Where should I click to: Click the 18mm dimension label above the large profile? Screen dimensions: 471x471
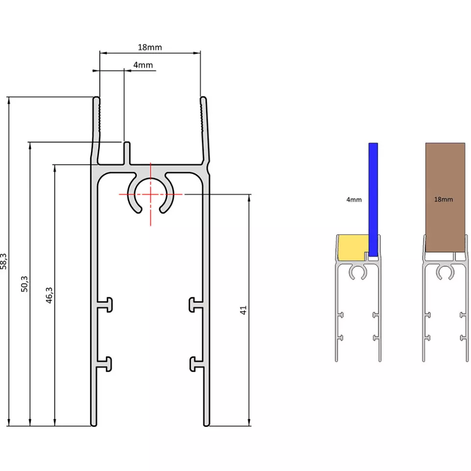coord(149,47)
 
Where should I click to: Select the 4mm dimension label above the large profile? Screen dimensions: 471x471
coord(142,65)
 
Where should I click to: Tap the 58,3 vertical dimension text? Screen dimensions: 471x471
coord(4,261)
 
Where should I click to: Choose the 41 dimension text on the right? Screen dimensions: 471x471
coord(244,309)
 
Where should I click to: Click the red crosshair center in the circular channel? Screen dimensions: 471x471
coord(150,194)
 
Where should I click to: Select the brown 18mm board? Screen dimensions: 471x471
coord(445,196)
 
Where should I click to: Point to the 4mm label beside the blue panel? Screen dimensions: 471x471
coord(353,200)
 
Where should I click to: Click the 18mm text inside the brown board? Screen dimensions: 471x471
coord(444,200)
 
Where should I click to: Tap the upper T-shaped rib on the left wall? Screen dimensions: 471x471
coord(106,305)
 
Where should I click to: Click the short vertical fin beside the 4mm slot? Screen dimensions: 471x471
coord(126,153)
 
